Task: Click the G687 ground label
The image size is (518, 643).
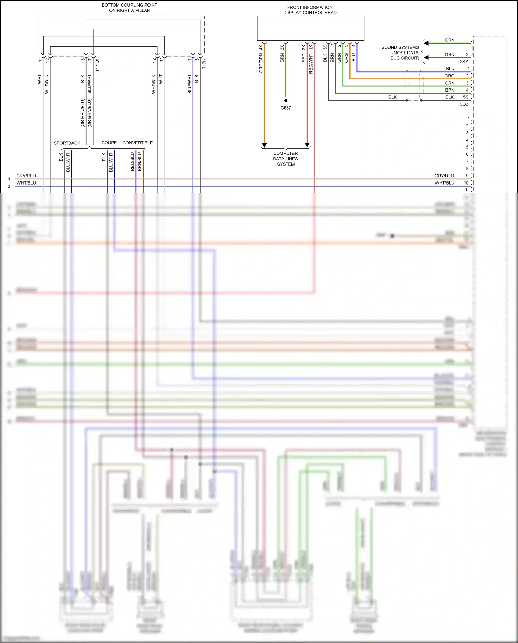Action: [286, 108]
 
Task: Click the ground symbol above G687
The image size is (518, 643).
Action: [286, 101]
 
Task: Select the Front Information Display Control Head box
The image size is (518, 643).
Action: [310, 28]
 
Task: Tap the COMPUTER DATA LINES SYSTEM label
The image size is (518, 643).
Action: [286, 159]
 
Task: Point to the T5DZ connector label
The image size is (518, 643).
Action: [463, 104]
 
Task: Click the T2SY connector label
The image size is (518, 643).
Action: [463, 62]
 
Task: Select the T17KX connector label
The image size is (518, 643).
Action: [97, 65]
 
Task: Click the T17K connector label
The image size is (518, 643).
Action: [204, 64]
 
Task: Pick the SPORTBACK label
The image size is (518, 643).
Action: [67, 143]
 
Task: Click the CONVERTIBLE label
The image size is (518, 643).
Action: [137, 143]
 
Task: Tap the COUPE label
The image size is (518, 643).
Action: [109, 143]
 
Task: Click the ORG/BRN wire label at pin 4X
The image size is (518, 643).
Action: [261, 63]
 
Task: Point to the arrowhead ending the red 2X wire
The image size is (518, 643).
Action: [307, 145]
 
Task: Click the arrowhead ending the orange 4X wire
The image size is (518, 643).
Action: [264, 145]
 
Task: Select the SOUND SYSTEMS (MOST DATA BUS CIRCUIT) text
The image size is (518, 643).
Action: [400, 53]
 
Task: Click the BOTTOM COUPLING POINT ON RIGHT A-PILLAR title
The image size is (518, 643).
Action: [129, 8]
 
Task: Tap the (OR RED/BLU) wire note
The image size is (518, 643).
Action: [82, 113]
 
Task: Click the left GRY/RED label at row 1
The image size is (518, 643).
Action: [26, 176]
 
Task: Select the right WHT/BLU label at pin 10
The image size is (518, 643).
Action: [444, 183]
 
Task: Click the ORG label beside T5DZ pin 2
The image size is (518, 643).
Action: [449, 76]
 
